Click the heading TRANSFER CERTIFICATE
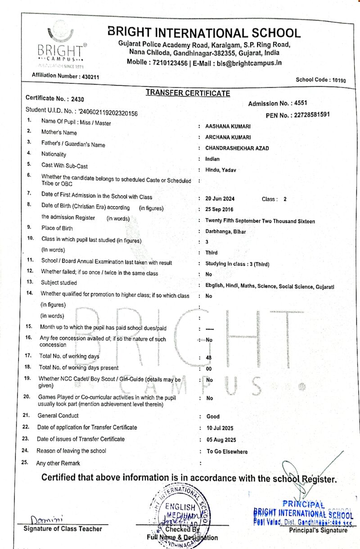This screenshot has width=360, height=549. tap(188, 93)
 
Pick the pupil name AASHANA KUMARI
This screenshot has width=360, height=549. tap(228, 126)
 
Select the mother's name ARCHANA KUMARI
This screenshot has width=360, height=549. tap(228, 137)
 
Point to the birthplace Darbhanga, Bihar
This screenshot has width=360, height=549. tap(225, 232)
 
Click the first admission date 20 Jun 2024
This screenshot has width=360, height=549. tap(220, 198)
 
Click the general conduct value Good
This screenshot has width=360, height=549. tap(213, 417)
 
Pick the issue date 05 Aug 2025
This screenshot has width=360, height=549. tap(220, 440)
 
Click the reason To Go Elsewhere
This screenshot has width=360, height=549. tap(227, 451)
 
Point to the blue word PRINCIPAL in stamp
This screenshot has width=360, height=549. tap(303, 504)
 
